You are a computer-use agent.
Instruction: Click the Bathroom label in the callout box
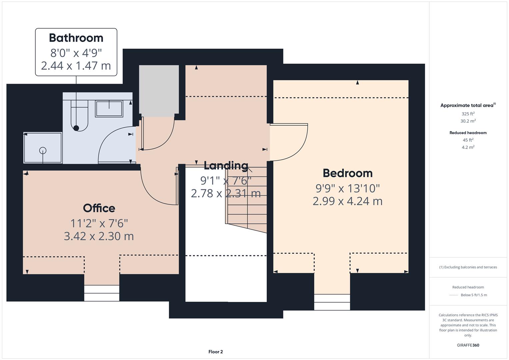(x=76, y=38)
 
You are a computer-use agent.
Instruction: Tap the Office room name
(x=99, y=208)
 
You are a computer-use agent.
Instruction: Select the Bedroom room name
(x=347, y=173)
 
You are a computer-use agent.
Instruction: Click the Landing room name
(x=226, y=165)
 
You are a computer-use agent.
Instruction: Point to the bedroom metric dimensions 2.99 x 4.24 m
(x=347, y=201)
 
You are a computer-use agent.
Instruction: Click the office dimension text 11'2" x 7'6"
(x=99, y=223)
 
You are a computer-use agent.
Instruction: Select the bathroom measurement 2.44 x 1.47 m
(x=76, y=66)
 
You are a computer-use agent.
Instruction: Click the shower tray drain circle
(x=43, y=150)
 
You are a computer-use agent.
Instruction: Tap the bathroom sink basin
(x=109, y=109)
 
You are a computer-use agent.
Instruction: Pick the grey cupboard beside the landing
(x=159, y=91)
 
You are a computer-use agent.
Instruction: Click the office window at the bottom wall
(x=102, y=293)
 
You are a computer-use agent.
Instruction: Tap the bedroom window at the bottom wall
(x=332, y=302)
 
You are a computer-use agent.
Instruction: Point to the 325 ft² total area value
(x=468, y=114)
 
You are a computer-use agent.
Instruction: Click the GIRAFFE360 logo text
(x=468, y=345)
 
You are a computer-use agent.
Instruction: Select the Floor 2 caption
(x=216, y=352)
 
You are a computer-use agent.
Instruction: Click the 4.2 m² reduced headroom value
(x=468, y=147)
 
